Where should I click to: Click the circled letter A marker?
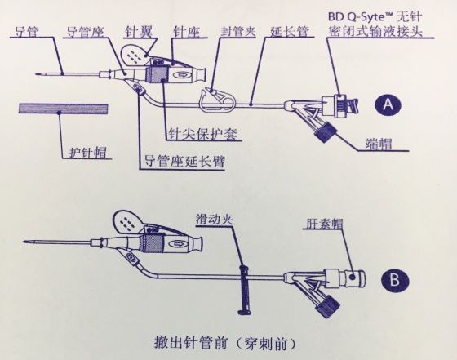[388, 104]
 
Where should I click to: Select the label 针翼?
[138, 29]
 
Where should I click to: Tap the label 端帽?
[379, 144]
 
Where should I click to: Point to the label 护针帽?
[87, 151]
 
